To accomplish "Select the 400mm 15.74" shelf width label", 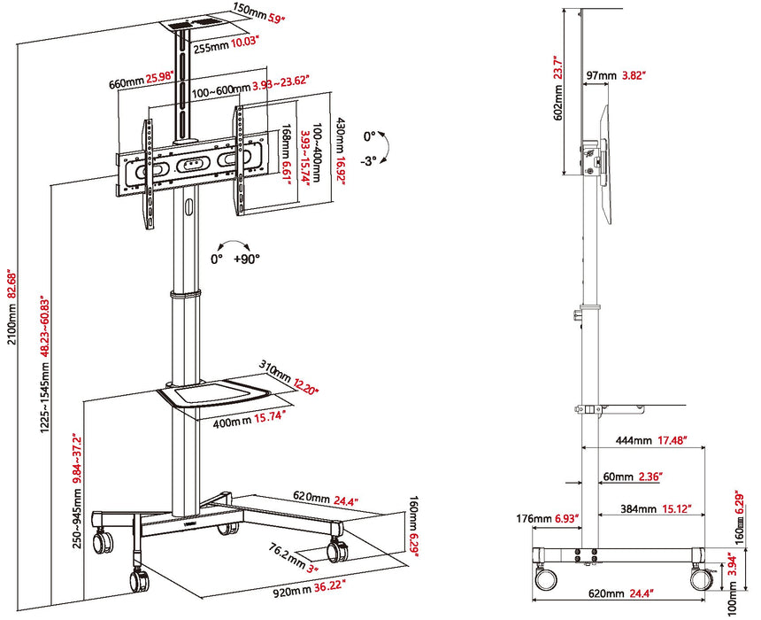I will (x=249, y=415).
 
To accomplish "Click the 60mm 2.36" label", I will (x=633, y=477).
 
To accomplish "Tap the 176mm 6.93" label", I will (x=547, y=517).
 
